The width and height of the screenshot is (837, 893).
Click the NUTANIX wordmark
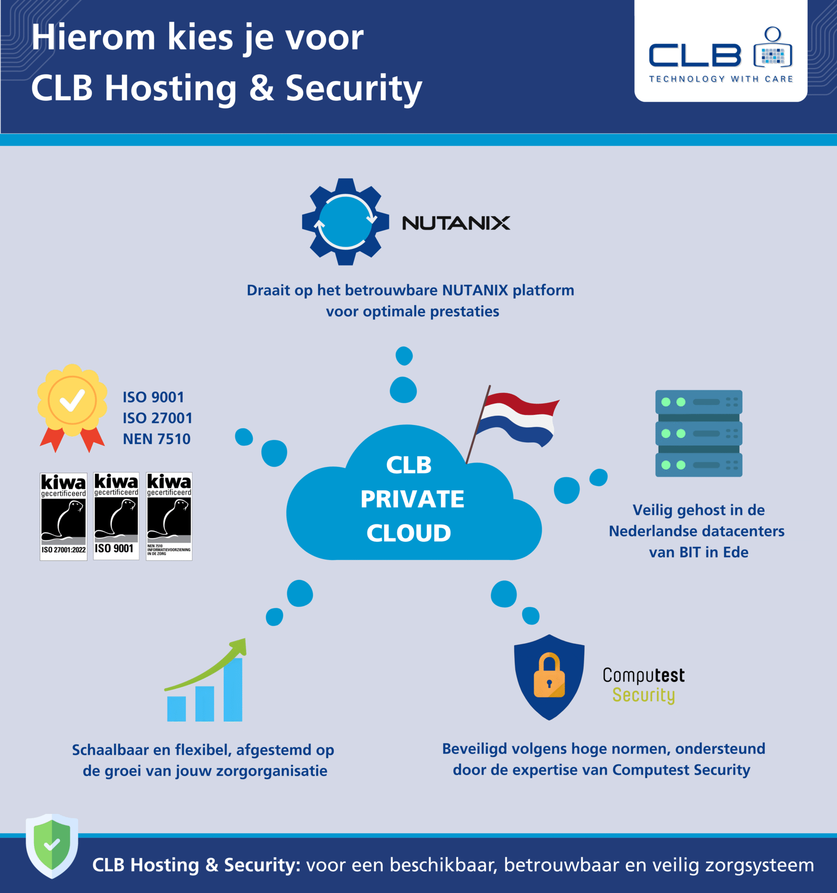click(456, 223)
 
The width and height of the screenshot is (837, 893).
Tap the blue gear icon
click(345, 221)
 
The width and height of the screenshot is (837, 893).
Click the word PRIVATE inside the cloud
click(412, 499)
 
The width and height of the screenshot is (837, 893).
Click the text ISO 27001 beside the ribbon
click(157, 418)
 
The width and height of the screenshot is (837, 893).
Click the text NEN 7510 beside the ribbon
click(156, 439)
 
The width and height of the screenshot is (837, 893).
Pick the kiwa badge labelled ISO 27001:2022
click(63, 516)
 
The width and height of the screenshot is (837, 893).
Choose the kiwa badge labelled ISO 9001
click(116, 516)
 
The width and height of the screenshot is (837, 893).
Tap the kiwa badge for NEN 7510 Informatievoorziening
click(169, 516)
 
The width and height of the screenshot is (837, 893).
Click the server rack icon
click(698, 433)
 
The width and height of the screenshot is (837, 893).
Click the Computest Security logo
click(644, 685)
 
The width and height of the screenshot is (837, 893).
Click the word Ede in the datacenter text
click(736, 552)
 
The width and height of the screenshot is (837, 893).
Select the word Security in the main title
click(353, 88)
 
